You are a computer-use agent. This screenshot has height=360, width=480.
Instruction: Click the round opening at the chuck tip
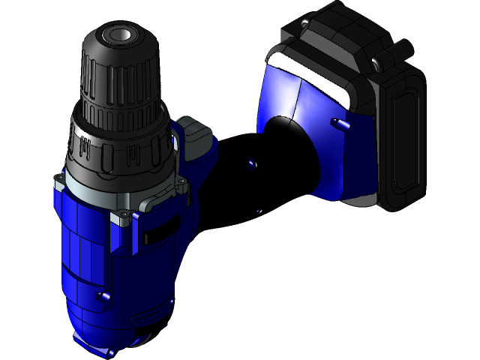pos(118,34)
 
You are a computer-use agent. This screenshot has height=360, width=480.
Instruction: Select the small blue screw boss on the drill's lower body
pos(103,297)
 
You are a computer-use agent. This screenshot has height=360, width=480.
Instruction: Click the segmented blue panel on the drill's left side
pos(75,247)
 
